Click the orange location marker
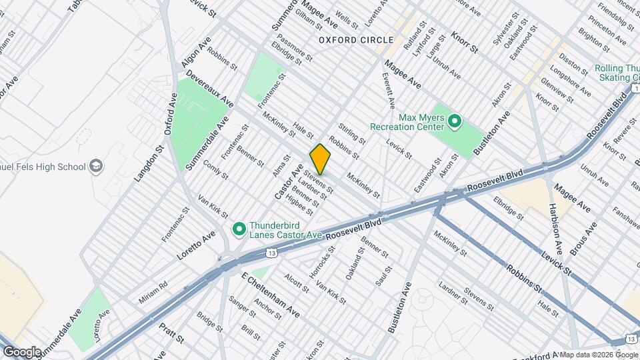tap(320, 159)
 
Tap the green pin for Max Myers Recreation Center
tap(455, 121)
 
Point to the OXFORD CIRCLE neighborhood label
tap(347, 40)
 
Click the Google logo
tap(22, 351)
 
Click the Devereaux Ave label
tap(209, 88)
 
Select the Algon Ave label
tap(191, 52)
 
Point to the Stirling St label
tap(352, 134)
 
